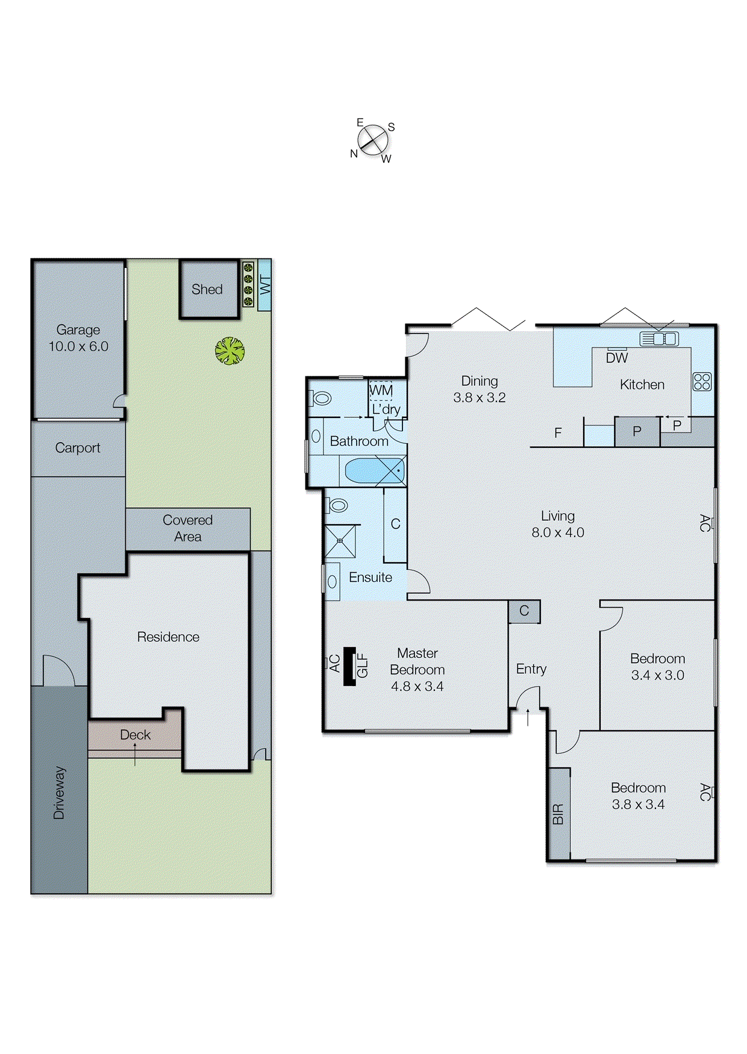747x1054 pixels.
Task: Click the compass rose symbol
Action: click(x=373, y=140)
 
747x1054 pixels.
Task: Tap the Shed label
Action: click(x=207, y=290)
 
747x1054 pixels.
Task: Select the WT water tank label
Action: click(x=264, y=285)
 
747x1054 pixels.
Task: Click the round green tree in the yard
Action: click(x=230, y=351)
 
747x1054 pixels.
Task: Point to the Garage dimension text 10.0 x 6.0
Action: click(x=78, y=347)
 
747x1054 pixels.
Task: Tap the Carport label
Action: click(x=77, y=448)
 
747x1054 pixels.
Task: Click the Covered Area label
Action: click(x=187, y=528)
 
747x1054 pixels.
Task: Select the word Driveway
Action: click(x=59, y=793)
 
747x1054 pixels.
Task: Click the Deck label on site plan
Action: click(x=135, y=735)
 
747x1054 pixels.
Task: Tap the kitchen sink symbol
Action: click(x=659, y=339)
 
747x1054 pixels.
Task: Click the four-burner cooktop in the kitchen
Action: click(x=702, y=382)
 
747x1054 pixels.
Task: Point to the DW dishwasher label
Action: click(x=617, y=358)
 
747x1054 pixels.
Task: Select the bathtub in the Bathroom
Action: click(x=373, y=471)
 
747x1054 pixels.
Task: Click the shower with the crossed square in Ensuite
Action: click(x=340, y=541)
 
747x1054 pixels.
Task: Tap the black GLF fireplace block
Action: click(x=349, y=666)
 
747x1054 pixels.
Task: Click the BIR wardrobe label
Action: click(x=558, y=814)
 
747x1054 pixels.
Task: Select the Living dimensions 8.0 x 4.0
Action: click(x=557, y=533)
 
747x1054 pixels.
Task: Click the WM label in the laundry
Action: click(x=381, y=390)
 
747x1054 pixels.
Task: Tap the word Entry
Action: click(x=531, y=669)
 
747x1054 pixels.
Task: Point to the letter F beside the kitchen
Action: click(x=558, y=432)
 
